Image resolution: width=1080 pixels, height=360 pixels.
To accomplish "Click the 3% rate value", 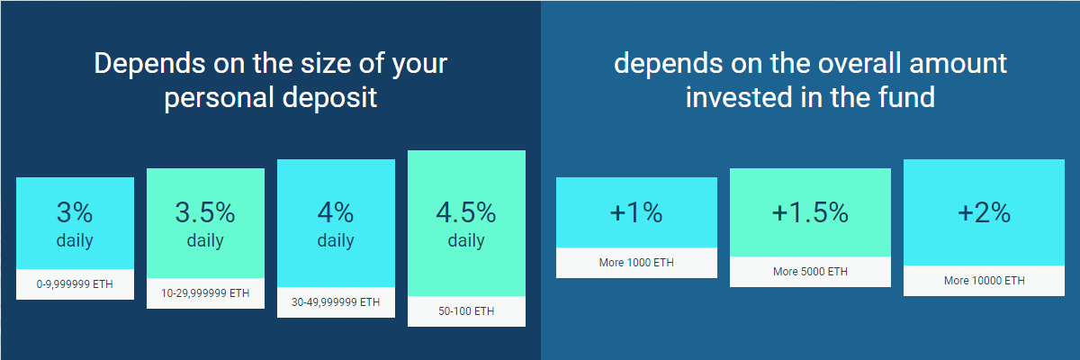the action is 75,212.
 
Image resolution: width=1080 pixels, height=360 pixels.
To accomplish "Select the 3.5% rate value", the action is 205,212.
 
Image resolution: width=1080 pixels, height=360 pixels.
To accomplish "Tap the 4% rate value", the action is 336,212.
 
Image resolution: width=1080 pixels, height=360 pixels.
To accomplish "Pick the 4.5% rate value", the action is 466,212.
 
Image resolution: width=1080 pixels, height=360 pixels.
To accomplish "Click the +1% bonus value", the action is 636,212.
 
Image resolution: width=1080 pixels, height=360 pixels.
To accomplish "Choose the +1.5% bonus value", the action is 810,212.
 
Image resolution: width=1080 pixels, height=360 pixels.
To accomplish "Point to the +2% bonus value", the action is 984,212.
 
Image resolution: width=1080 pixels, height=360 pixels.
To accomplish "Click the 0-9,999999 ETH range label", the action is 75,284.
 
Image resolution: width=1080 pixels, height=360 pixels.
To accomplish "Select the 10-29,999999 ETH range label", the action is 205,293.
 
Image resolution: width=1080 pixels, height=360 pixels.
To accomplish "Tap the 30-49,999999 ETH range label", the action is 336,302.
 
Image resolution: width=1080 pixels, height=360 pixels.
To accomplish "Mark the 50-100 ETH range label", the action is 466,311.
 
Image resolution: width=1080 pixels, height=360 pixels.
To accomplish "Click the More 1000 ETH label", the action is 636,263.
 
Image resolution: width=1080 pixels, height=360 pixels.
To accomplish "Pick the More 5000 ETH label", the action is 810,272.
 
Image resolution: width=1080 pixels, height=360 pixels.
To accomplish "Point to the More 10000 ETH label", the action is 984,281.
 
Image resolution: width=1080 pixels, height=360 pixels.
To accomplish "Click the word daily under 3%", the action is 75,240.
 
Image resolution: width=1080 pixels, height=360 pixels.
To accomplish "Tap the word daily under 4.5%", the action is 466,240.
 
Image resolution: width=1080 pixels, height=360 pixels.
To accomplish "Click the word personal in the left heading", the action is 220,99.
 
